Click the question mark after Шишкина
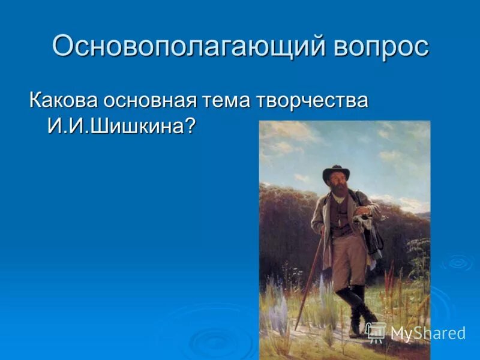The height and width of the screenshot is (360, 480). tap(190, 125)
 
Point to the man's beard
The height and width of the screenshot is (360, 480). tap(338, 195)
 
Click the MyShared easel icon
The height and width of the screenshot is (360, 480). tap(376, 332)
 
